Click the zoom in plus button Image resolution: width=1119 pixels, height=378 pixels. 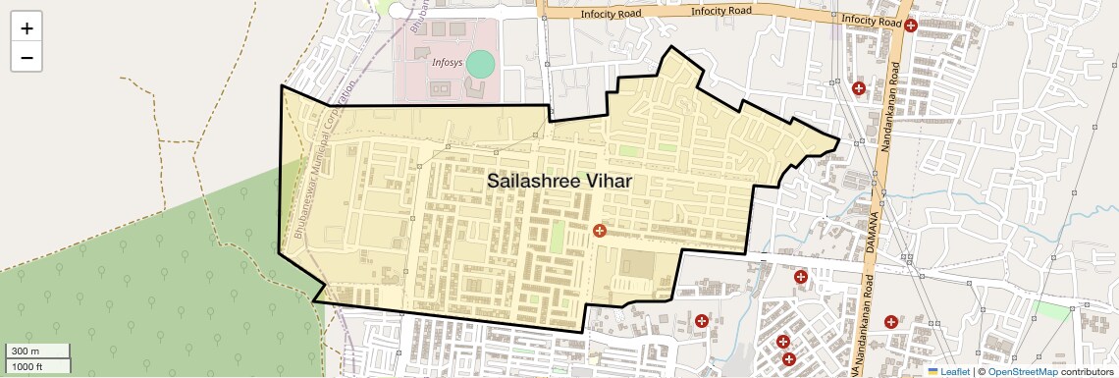(27, 28)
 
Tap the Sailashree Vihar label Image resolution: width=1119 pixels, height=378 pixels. (559, 182)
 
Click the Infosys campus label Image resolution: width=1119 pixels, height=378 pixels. (447, 62)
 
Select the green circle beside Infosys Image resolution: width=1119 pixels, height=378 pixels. (480, 65)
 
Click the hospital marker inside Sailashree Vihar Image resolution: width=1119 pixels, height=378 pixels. (600, 230)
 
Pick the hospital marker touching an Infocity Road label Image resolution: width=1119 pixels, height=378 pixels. (911, 26)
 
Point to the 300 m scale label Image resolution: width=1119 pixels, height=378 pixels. (26, 351)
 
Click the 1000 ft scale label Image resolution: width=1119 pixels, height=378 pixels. (27, 366)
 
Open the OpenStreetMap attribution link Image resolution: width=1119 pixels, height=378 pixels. (1022, 371)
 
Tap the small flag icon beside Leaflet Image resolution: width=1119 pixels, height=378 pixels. (933, 371)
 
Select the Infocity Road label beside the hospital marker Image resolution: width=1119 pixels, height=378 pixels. (870, 21)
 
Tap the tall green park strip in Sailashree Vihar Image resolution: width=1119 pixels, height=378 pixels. (558, 237)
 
